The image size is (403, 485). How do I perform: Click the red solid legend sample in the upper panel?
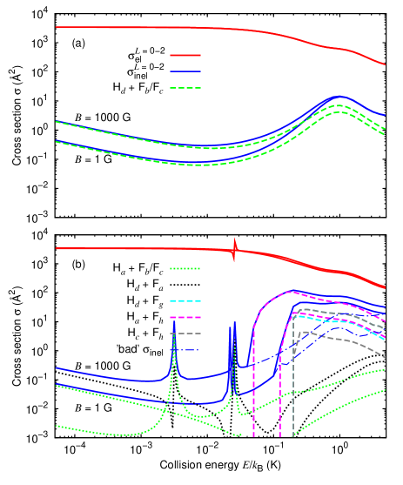click(x=185, y=55)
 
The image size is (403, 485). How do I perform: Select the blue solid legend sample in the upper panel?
click(x=185, y=71)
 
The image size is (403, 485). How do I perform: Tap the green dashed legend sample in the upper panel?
click(x=185, y=88)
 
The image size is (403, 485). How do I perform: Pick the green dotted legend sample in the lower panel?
click(x=185, y=268)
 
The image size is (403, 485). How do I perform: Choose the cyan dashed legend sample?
click(x=185, y=300)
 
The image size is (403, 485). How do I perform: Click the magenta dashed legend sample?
click(x=185, y=317)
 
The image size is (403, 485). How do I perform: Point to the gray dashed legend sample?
click(x=185, y=333)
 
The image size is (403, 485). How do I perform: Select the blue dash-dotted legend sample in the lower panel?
click(x=185, y=350)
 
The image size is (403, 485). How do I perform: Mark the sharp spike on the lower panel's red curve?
click(x=234, y=249)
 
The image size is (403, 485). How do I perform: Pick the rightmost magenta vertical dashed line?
click(x=280, y=401)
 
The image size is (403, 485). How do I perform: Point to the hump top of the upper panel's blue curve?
click(x=339, y=97)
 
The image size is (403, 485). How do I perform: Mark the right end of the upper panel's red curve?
click(x=385, y=64)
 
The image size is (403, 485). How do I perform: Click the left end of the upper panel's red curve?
click(x=57, y=27)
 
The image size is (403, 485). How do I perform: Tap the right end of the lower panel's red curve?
click(x=385, y=287)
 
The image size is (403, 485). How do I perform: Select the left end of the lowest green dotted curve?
click(x=57, y=426)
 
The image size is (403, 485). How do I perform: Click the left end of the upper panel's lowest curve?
click(x=57, y=141)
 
